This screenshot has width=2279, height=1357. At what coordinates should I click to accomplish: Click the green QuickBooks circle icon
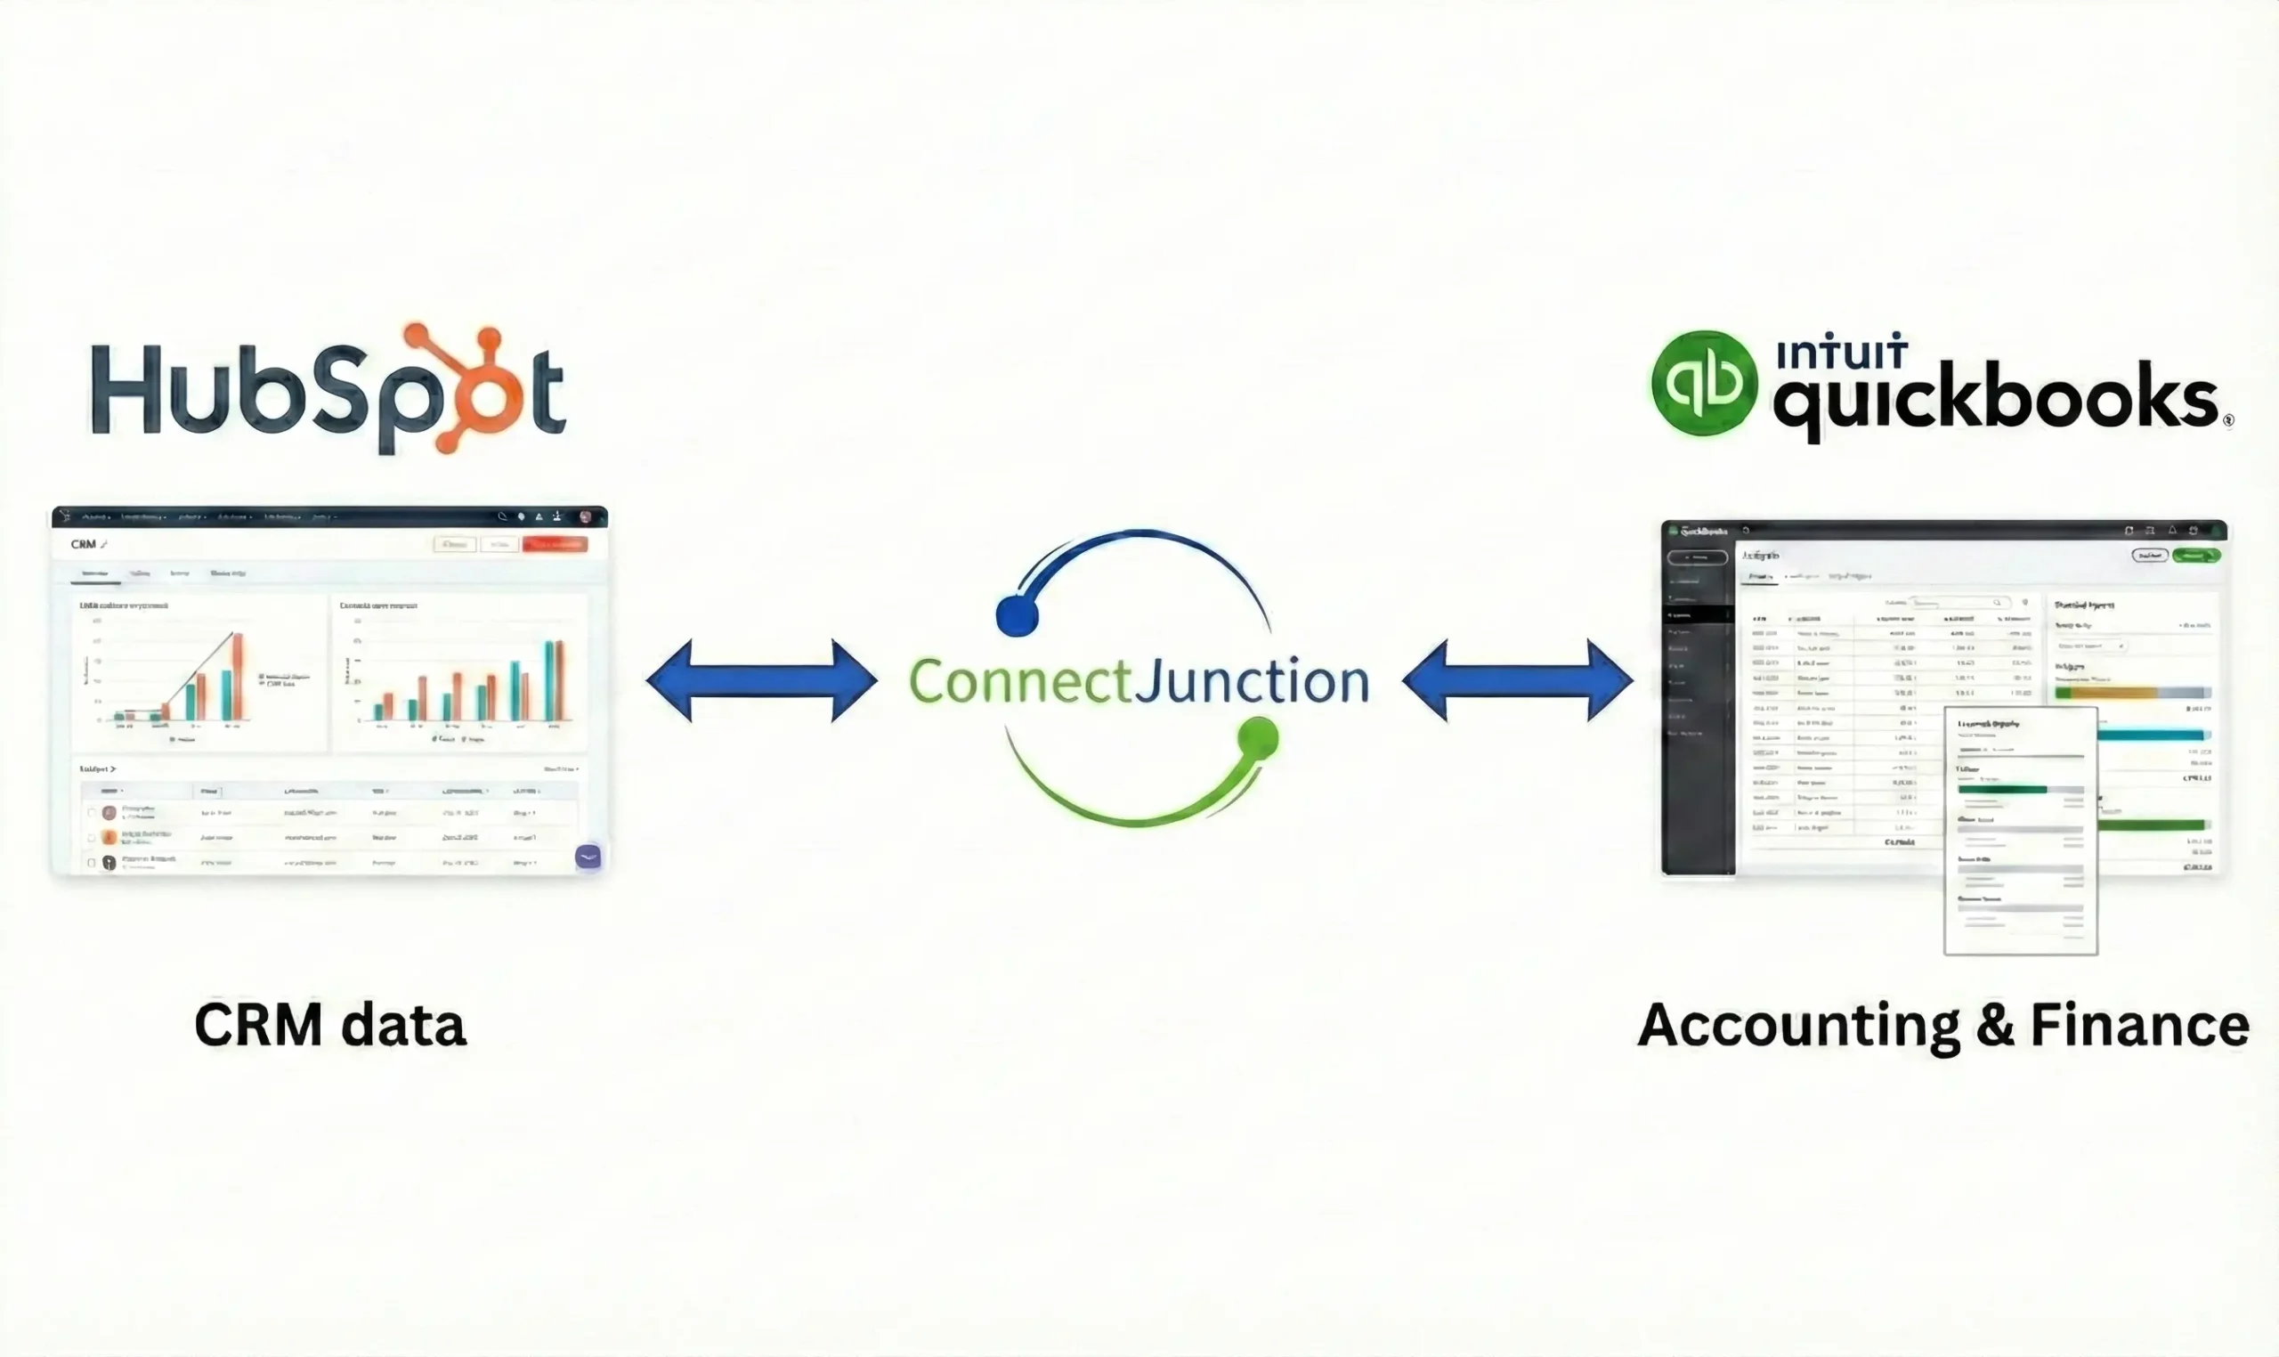(1704, 383)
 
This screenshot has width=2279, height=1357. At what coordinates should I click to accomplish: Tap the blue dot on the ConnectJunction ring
(1017, 616)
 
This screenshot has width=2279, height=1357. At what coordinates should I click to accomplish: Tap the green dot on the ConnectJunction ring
(1259, 738)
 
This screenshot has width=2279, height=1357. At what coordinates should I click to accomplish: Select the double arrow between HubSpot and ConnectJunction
(761, 681)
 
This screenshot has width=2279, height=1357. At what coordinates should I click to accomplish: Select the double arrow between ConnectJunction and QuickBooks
(1518, 681)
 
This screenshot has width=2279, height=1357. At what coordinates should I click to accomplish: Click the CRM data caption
(330, 1026)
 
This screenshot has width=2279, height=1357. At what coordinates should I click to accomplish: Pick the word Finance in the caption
(2139, 1026)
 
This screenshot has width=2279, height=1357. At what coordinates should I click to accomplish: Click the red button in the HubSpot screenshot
(554, 544)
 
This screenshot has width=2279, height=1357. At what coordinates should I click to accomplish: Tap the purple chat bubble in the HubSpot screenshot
(588, 857)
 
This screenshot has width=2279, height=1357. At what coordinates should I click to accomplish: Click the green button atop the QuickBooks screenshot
(2196, 555)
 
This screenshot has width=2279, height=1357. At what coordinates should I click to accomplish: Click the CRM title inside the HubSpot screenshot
(83, 544)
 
